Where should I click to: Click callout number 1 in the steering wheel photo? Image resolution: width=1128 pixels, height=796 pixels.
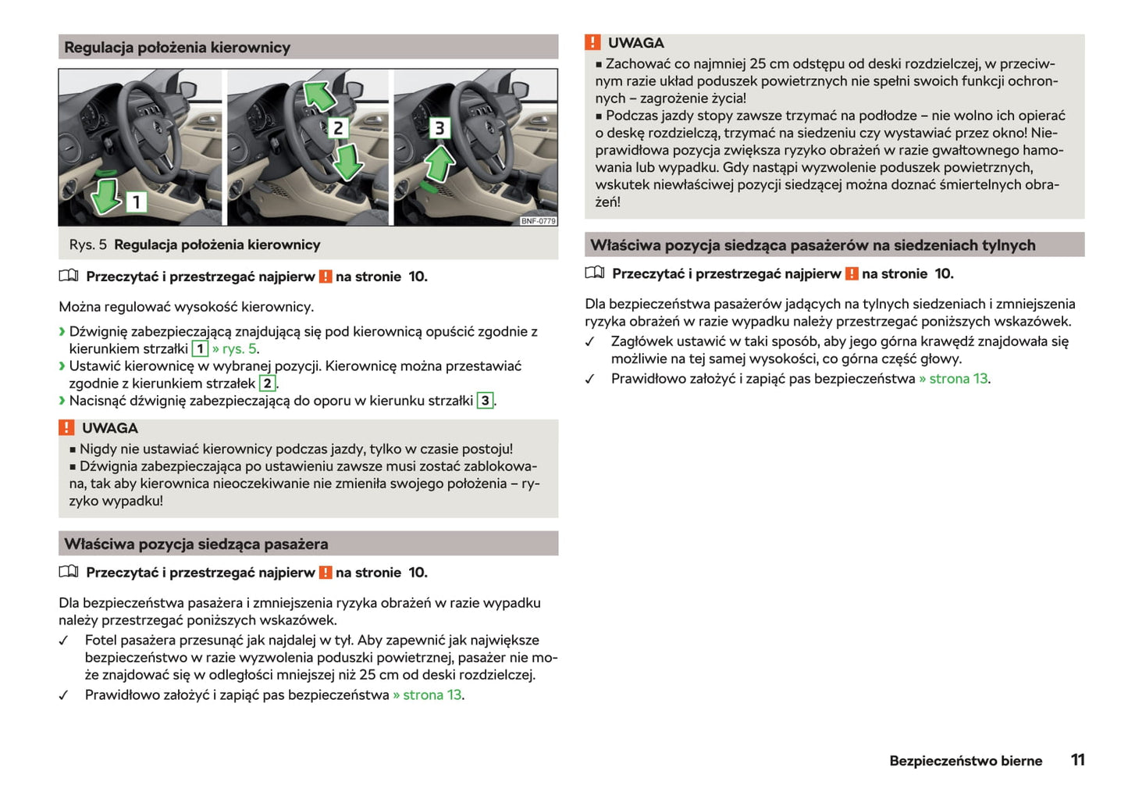click(137, 202)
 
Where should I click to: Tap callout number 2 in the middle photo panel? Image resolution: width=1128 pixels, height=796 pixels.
click(338, 127)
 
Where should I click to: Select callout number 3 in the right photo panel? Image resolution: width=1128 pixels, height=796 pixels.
click(439, 127)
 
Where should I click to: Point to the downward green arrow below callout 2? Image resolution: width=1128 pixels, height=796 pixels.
click(347, 163)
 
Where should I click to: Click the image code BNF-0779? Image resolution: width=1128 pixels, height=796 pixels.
click(539, 221)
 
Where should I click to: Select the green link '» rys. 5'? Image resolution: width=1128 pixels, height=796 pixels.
click(235, 349)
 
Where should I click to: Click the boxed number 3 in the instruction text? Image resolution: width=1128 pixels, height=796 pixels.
click(485, 401)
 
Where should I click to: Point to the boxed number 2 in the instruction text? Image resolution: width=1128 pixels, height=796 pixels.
click(267, 384)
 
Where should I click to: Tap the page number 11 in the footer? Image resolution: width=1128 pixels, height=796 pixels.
click(1077, 760)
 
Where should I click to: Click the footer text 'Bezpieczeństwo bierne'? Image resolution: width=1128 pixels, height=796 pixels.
click(966, 761)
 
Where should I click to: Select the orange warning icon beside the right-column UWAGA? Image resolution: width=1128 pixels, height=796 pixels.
click(593, 42)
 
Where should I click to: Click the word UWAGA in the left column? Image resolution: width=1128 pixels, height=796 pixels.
click(109, 428)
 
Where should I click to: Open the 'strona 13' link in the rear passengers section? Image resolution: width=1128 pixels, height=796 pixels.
click(958, 379)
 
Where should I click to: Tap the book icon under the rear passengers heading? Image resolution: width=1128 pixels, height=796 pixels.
click(595, 273)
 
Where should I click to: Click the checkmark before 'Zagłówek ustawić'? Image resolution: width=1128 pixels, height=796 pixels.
click(590, 342)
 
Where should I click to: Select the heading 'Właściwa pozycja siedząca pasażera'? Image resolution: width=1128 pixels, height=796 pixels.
click(196, 544)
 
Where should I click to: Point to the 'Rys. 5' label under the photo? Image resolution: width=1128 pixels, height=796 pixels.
click(87, 245)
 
